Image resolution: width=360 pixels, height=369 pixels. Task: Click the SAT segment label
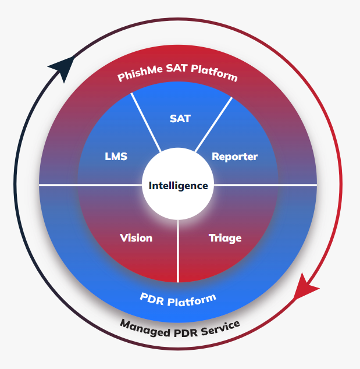pyautogui.click(x=180, y=119)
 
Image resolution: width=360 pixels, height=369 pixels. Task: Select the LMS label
pyautogui.click(x=116, y=157)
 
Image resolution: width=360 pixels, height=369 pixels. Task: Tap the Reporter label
pyautogui.click(x=234, y=157)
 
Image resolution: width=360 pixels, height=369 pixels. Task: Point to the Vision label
pyautogui.click(x=136, y=238)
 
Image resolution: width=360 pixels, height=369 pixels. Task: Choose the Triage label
pyautogui.click(x=225, y=238)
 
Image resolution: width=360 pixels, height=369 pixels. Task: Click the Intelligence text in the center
pyautogui.click(x=178, y=186)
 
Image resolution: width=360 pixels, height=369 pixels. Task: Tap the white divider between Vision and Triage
pyautogui.click(x=178, y=250)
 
